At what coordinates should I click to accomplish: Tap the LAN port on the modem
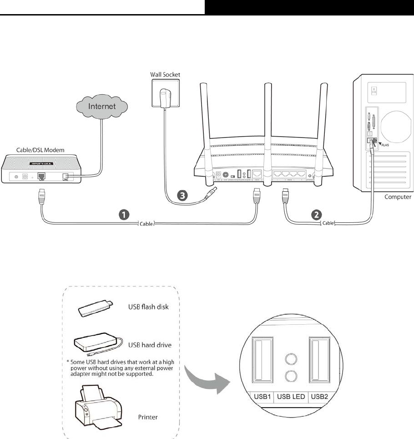41,176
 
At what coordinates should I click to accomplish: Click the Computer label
398,197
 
